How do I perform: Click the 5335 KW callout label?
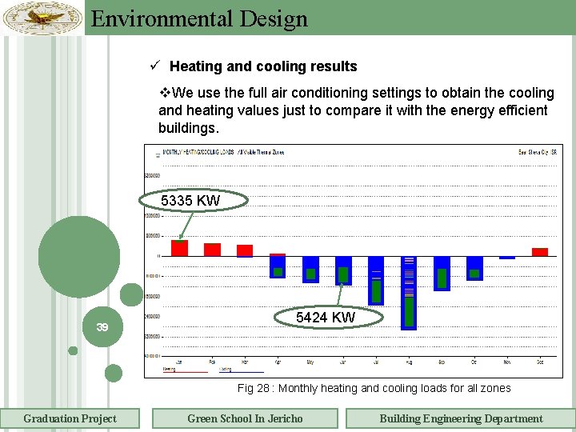pyautogui.click(x=190, y=201)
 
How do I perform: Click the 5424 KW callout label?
pyautogui.click(x=326, y=318)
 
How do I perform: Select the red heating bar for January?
pyautogui.click(x=179, y=248)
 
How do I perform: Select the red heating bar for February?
pyautogui.click(x=212, y=250)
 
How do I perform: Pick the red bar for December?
pyautogui.click(x=540, y=252)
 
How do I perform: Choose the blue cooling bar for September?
pyautogui.click(x=442, y=273)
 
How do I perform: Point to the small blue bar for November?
pyautogui.click(x=507, y=258)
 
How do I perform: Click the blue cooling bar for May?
pyautogui.click(x=310, y=270)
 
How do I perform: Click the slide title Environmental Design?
pyautogui.click(x=199, y=18)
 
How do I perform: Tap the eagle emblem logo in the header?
pyautogui.click(x=42, y=18)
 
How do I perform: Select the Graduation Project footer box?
pyautogui.click(x=70, y=418)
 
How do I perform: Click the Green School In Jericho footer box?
pyautogui.click(x=245, y=418)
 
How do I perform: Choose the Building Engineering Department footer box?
pyautogui.click(x=460, y=418)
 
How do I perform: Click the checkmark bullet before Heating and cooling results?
pyautogui.click(x=161, y=66)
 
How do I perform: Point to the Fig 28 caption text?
pyautogui.click(x=374, y=388)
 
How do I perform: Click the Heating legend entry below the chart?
pyautogui.click(x=170, y=370)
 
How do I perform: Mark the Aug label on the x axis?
pyautogui.click(x=409, y=362)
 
